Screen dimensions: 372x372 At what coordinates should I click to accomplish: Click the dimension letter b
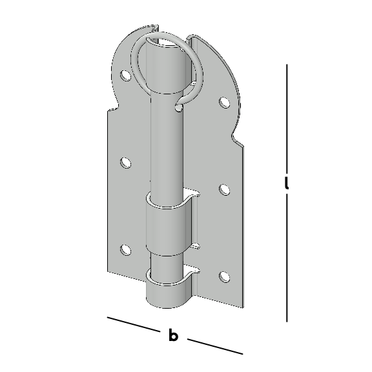pyautogui.click(x=173, y=335)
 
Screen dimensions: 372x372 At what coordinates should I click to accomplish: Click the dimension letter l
pyautogui.click(x=287, y=183)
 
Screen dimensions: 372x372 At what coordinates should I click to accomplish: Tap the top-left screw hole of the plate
pyautogui.click(x=125, y=76)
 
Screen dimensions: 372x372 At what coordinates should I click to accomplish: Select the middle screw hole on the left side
pyautogui.click(x=125, y=163)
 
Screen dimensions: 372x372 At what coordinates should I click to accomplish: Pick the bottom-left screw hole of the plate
pyautogui.click(x=125, y=250)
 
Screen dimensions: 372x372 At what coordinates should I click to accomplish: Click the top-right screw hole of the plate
pyautogui.click(x=224, y=103)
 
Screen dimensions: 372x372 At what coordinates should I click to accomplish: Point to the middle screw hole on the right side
pyautogui.click(x=224, y=190)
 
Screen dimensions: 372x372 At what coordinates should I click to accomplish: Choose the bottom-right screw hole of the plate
pyautogui.click(x=224, y=276)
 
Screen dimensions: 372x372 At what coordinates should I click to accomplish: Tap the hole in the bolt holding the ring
pyautogui.click(x=179, y=108)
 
